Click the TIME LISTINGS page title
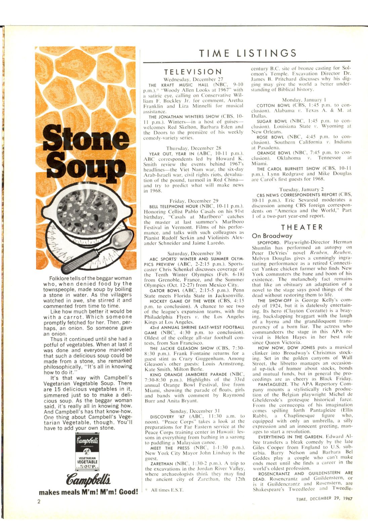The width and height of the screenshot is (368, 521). point(248,53)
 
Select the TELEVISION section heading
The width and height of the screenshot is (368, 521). point(193,72)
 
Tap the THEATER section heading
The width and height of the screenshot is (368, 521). point(301,227)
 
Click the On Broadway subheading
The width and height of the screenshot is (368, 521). point(272,236)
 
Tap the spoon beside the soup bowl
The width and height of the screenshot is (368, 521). point(97,250)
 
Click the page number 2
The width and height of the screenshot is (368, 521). point(39,502)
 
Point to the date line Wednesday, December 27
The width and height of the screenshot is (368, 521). point(193,79)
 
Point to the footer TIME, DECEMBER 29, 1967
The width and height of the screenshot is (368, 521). point(324,499)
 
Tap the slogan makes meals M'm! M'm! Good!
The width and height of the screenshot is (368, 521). point(88,492)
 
